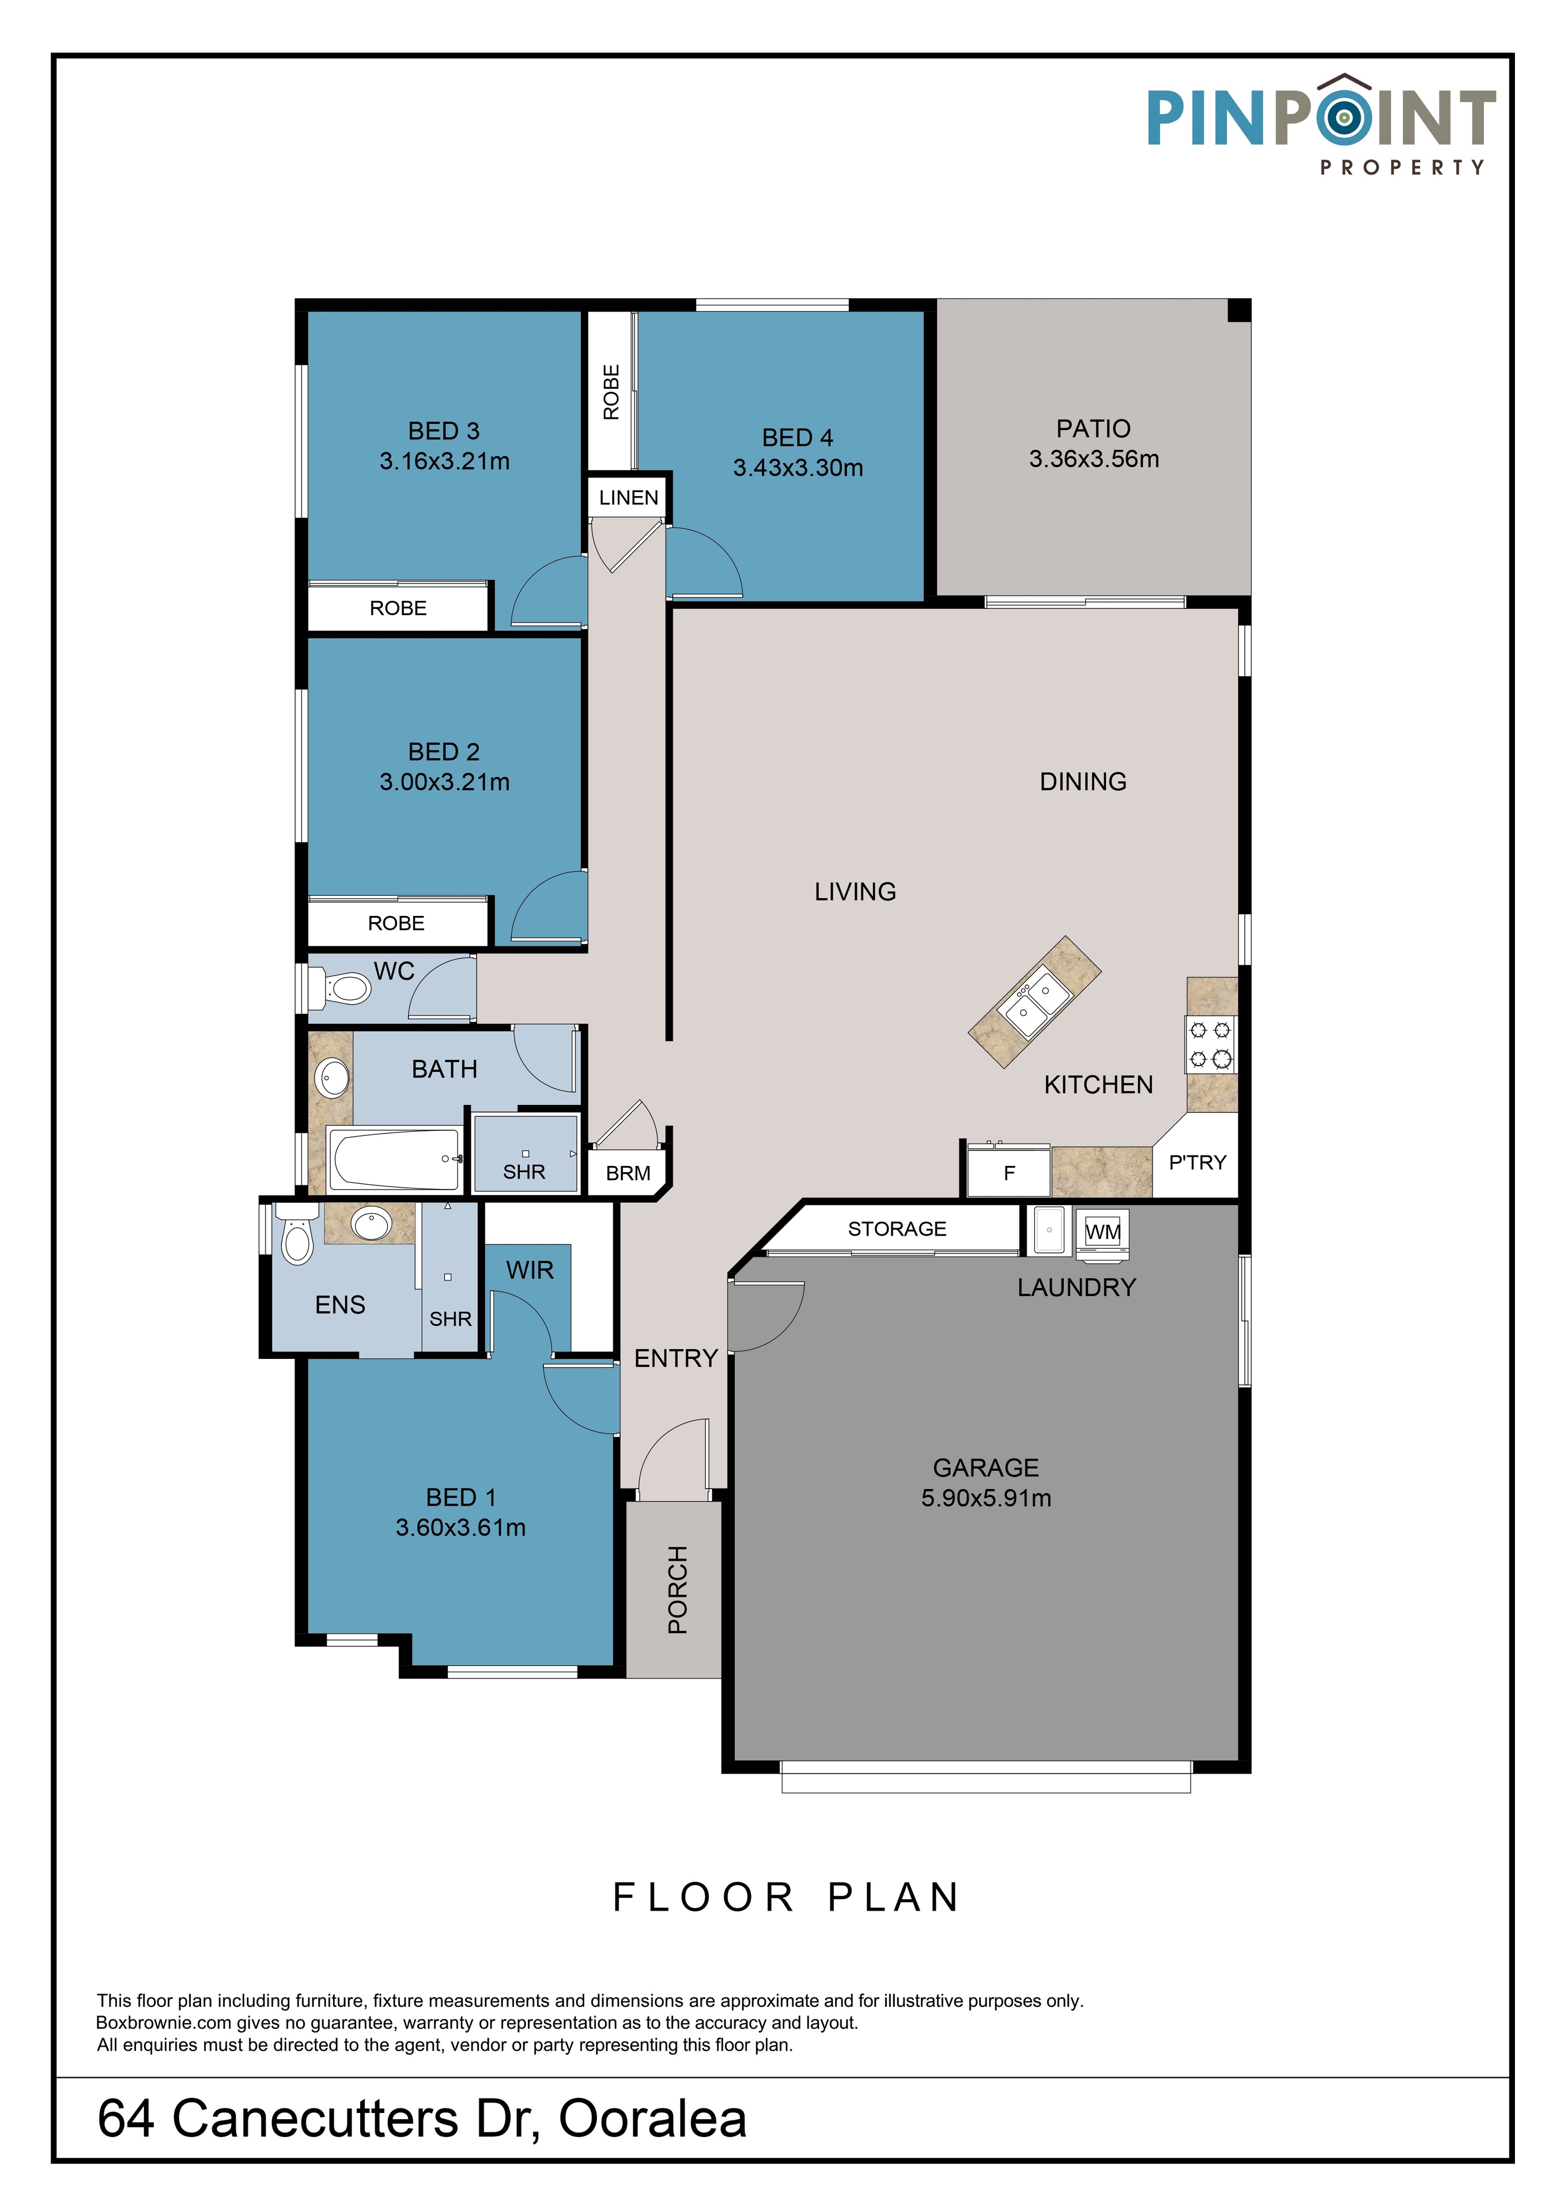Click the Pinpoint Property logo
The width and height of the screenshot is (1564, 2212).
1320,125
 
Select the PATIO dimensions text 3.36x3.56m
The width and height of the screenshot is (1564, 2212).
1094,460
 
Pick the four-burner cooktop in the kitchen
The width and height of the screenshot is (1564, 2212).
1210,1044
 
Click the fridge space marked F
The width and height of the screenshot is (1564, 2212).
1008,1172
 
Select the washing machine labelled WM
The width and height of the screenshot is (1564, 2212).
1101,1233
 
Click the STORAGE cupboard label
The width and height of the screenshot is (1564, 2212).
897,1228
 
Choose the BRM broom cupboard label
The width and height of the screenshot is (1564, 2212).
628,1173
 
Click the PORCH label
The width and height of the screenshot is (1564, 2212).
678,1590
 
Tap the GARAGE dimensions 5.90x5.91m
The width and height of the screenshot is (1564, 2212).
986,1498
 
